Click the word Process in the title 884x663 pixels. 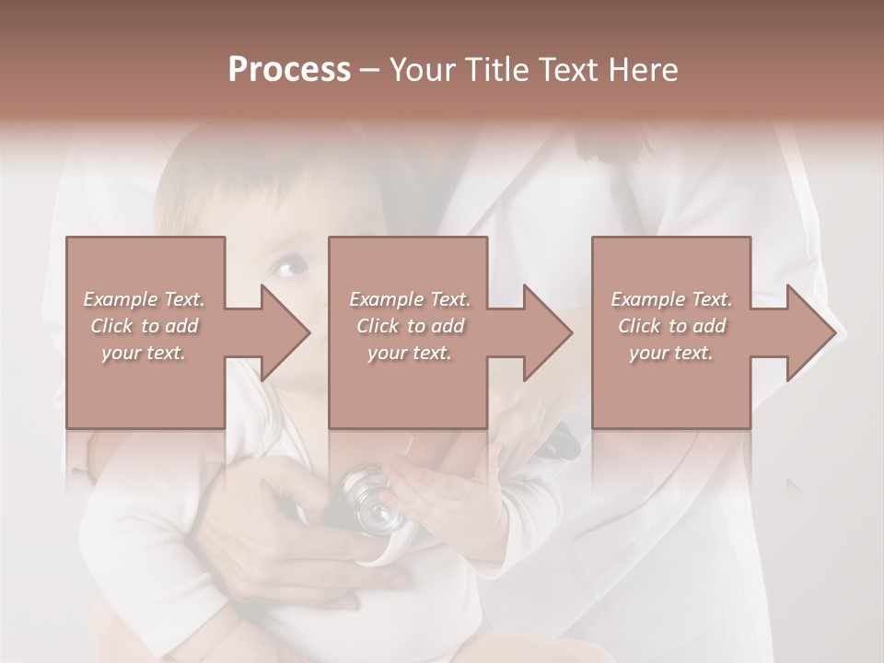tap(289, 70)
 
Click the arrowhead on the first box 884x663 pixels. tap(282, 332)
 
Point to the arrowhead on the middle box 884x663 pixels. tap(545, 332)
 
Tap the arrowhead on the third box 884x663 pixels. tap(808, 332)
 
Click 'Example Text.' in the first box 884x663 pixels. tap(145, 299)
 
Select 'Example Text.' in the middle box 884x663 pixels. tap(410, 299)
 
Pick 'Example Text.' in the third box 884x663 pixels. tap(671, 299)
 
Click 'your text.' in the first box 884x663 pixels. tap(144, 353)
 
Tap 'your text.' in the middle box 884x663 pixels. tap(409, 353)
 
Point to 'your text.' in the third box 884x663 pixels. tap(670, 353)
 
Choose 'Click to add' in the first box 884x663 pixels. tap(145, 326)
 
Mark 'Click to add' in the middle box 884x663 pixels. tap(410, 326)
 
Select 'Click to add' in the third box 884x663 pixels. tap(671, 326)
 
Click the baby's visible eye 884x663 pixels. tap(287, 268)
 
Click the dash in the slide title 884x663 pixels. tap(370, 71)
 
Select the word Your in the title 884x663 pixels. tap(422, 70)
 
